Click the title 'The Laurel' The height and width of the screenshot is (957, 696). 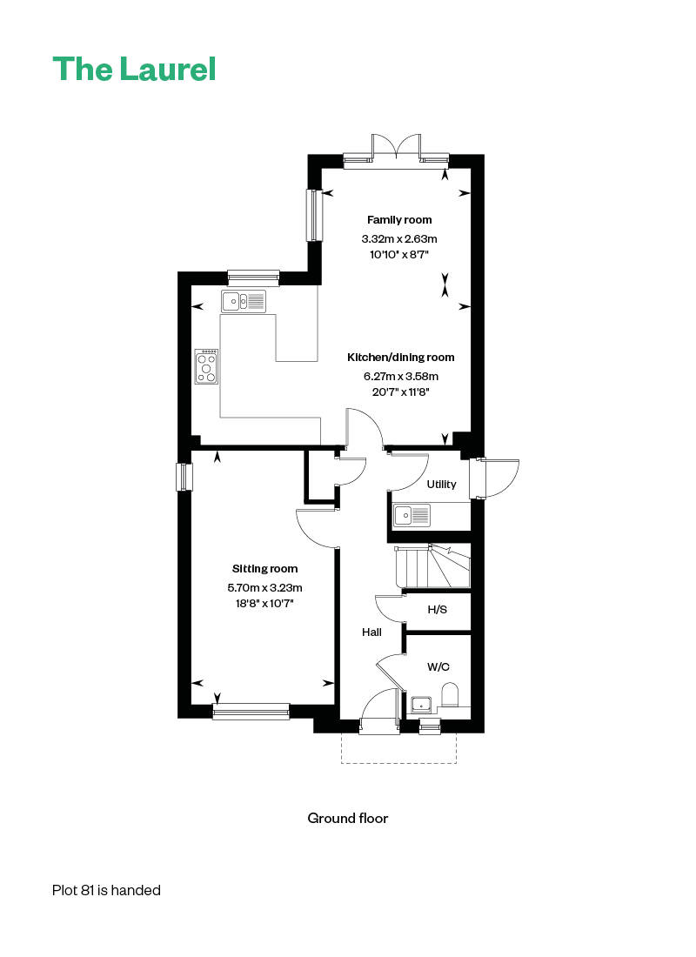(x=134, y=69)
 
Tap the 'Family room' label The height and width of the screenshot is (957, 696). (x=399, y=220)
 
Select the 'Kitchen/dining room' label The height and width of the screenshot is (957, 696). (x=400, y=358)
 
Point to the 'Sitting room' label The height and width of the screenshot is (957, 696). (x=265, y=569)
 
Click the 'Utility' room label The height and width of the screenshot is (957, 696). (x=441, y=484)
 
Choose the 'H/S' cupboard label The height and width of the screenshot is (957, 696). (x=437, y=610)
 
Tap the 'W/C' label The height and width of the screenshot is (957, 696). (x=438, y=666)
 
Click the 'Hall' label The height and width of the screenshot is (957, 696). (x=371, y=632)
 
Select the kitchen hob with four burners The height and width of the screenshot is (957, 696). (x=206, y=366)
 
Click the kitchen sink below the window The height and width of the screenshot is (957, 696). (x=244, y=301)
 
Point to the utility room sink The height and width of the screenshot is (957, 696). (x=412, y=515)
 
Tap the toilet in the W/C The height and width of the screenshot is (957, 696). (x=449, y=696)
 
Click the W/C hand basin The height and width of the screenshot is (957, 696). (x=421, y=705)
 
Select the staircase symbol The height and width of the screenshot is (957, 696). (x=432, y=565)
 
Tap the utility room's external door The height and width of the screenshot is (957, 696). (x=497, y=478)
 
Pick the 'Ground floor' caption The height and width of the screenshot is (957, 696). (x=348, y=819)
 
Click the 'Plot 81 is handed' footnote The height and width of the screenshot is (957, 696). (x=106, y=891)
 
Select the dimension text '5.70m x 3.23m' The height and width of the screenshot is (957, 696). (x=265, y=588)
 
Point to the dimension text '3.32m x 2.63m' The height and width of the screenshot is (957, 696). (x=399, y=238)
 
